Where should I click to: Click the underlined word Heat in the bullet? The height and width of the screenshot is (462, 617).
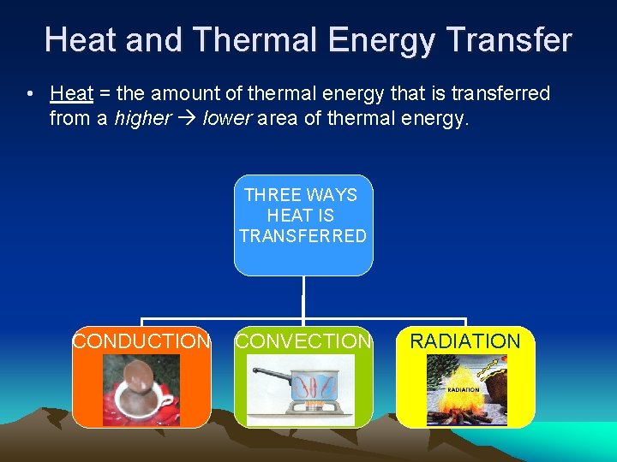click(x=71, y=93)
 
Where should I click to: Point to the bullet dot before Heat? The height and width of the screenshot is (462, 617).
click(x=30, y=94)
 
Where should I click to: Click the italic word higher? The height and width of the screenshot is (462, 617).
click(x=142, y=118)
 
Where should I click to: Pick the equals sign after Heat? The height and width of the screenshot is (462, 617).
click(x=105, y=94)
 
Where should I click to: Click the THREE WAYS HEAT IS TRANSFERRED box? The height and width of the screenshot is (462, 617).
click(x=303, y=225)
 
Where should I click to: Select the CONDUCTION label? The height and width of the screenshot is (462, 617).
click(x=141, y=341)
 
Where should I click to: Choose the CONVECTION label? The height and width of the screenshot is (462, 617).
click(x=303, y=341)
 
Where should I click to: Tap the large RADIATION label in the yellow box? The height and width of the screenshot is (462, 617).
click(x=465, y=341)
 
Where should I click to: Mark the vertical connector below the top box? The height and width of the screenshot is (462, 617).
click(x=303, y=299)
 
